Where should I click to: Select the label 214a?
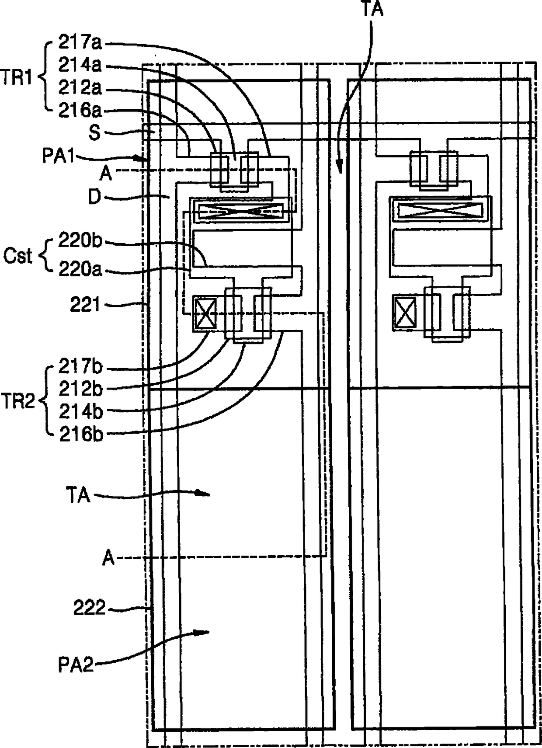coord(80,66)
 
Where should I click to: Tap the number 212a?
coord(80,88)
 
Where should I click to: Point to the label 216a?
coord(80,111)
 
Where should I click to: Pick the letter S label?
coord(94,132)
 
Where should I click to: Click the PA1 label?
coord(59,156)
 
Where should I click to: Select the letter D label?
coord(94,197)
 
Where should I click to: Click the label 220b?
coord(80,241)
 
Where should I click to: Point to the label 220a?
coord(80,269)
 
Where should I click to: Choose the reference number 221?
coord(85,305)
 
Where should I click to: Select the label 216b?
coord(80,435)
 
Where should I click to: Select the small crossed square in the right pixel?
coord(405,313)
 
